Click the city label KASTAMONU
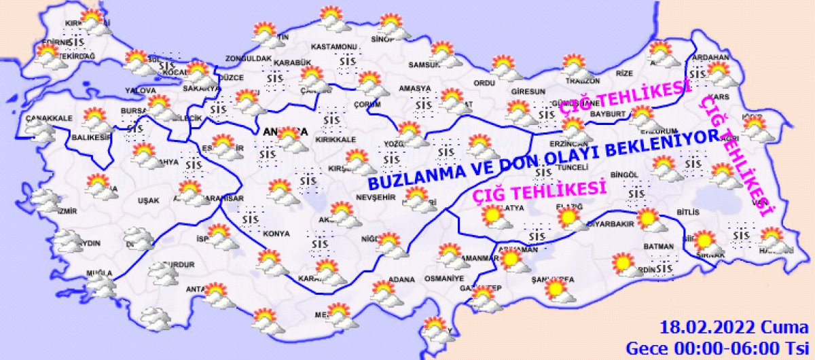333,47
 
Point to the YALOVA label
141,90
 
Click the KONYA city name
276,233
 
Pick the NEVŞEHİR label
375,197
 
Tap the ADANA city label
401,279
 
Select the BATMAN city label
658,246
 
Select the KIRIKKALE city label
337,139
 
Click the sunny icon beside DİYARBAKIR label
647,219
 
